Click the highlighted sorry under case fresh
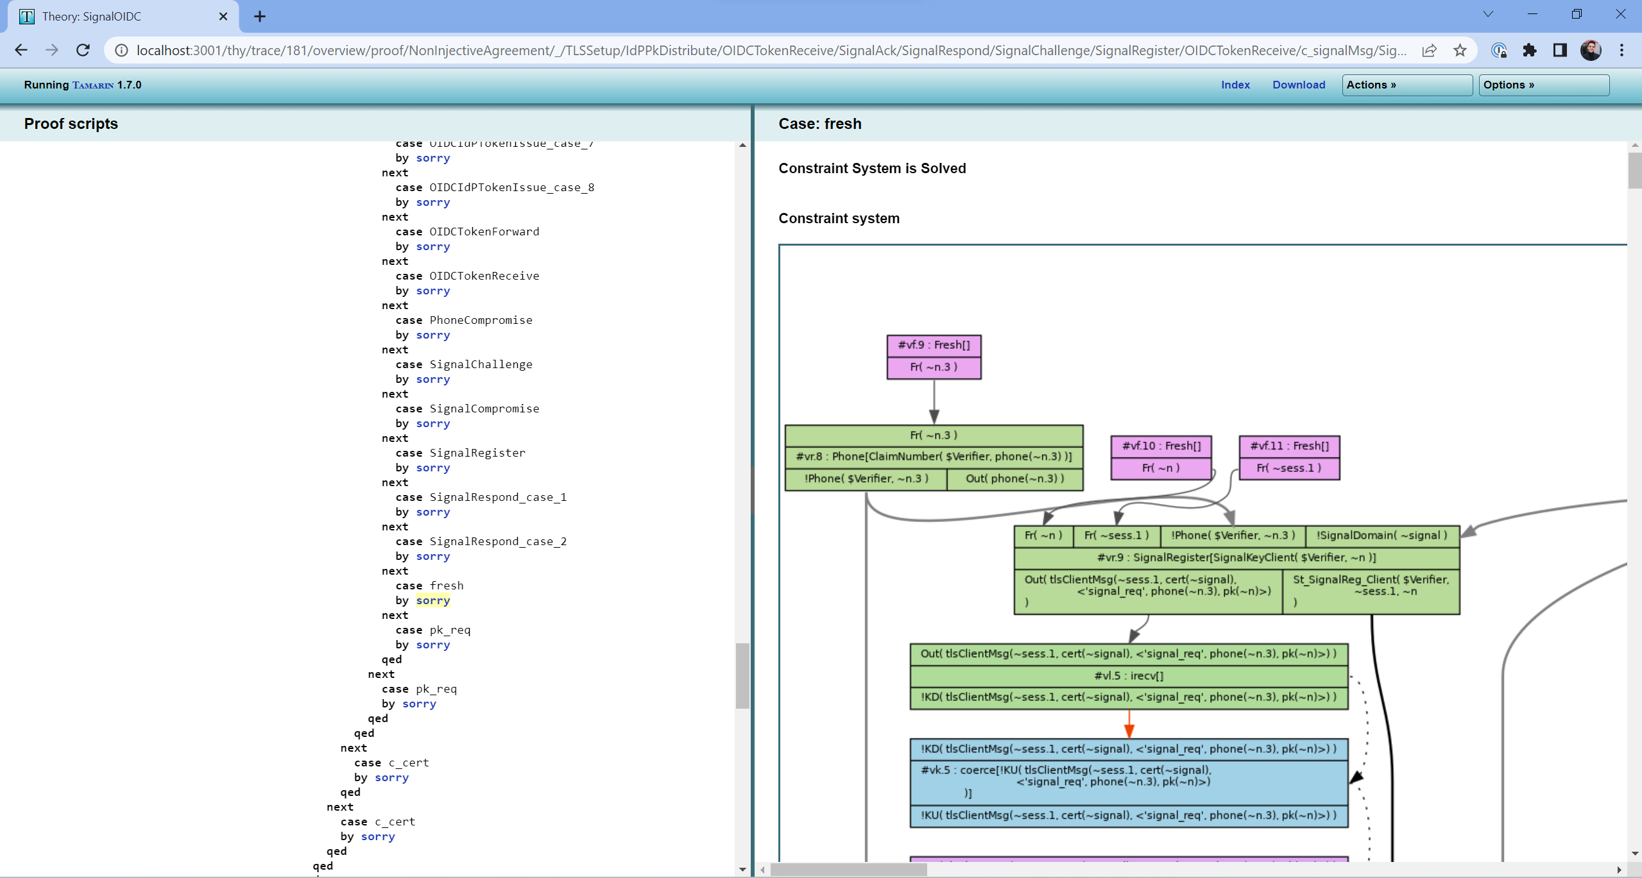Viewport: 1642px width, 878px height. pyautogui.click(x=432, y=600)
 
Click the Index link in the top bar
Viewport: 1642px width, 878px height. pyautogui.click(x=1235, y=85)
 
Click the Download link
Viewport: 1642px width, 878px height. pyautogui.click(x=1298, y=85)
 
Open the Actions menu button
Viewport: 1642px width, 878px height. pyautogui.click(x=1406, y=85)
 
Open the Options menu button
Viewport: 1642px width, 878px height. pyautogui.click(x=1543, y=85)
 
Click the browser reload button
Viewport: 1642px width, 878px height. pyautogui.click(x=83, y=50)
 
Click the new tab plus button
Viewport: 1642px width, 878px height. pyautogui.click(x=259, y=17)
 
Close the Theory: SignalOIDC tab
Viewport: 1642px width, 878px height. pyautogui.click(x=223, y=17)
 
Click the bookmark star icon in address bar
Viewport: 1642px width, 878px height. pyautogui.click(x=1460, y=50)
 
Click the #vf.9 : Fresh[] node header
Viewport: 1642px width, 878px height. pyautogui.click(x=934, y=345)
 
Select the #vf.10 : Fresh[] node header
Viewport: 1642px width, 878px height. pyautogui.click(x=1161, y=446)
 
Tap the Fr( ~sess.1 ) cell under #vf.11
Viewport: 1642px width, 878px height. pyautogui.click(x=1288, y=468)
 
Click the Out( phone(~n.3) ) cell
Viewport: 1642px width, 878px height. pyautogui.click(x=1014, y=478)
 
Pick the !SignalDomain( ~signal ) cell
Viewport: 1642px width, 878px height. pyautogui.click(x=1381, y=536)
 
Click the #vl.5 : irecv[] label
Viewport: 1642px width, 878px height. pyautogui.click(x=1128, y=675)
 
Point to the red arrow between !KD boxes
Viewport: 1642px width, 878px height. pyautogui.click(x=1129, y=724)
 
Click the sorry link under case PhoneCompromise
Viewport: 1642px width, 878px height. pyautogui.click(x=432, y=335)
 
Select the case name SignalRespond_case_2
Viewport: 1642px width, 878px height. pyautogui.click(x=497, y=541)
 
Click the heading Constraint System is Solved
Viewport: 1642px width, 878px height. pyautogui.click(x=871, y=168)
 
